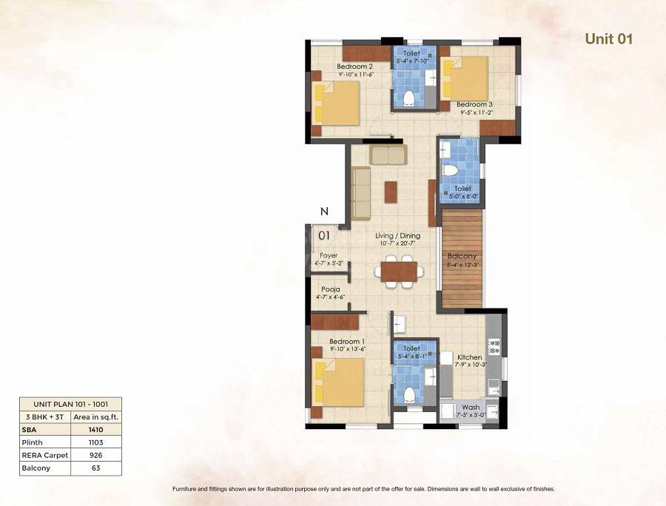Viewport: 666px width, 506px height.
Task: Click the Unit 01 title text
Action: coord(608,39)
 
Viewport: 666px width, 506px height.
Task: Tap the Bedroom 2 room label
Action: coord(334,65)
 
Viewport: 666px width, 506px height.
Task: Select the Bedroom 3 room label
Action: coord(474,104)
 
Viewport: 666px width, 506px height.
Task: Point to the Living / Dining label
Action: coord(399,235)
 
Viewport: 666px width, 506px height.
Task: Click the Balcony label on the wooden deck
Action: coord(462,256)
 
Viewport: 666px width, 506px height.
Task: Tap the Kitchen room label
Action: coord(469,357)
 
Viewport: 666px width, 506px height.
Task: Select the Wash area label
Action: coord(470,407)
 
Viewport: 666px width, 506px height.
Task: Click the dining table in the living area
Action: coord(400,269)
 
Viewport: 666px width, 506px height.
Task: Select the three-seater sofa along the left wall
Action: coord(360,193)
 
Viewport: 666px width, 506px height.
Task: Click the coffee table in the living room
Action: coord(390,191)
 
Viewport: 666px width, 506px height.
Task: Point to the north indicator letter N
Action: coord(323,212)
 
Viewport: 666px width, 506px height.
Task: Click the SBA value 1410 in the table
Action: coord(96,428)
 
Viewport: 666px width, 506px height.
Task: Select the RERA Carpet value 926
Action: coord(96,455)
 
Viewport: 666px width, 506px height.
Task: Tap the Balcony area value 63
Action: coord(96,468)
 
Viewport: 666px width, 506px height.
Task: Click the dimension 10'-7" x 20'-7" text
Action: coord(399,243)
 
